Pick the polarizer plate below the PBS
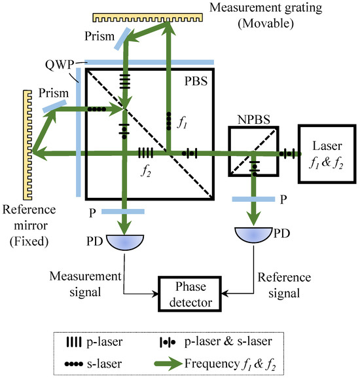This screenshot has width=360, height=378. [x=122, y=212]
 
